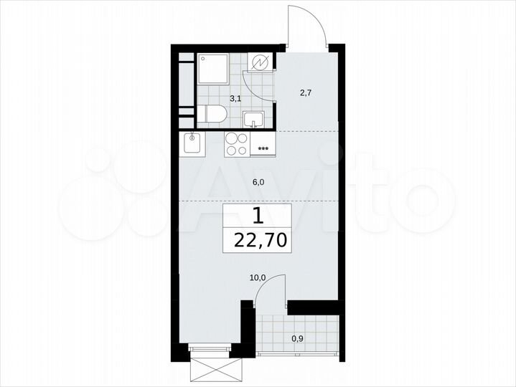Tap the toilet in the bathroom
(212, 114)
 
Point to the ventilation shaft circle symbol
(261, 63)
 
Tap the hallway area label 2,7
(305, 92)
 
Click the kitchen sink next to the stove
(192, 143)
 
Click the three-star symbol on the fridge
(263, 149)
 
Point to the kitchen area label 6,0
(258, 182)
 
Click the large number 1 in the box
(257, 215)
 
